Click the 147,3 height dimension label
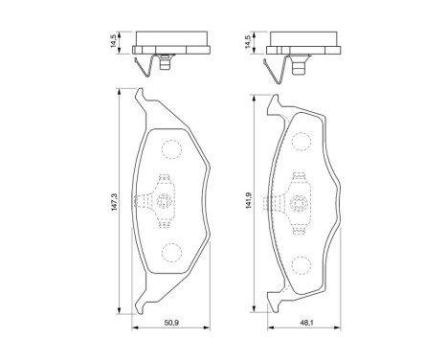click(114, 202)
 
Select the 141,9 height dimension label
click(249, 202)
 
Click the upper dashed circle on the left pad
click(169, 150)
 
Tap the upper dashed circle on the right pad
click(301, 142)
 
